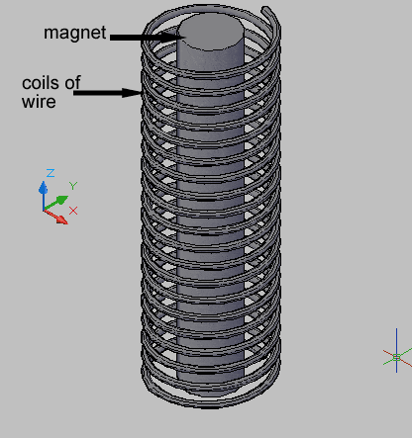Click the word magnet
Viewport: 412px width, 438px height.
(75, 34)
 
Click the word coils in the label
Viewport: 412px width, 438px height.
(42, 83)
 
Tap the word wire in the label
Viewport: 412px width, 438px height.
(39, 102)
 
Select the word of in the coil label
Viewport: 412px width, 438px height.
(72, 82)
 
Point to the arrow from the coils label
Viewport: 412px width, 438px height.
(108, 93)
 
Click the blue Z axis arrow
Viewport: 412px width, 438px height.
(43, 196)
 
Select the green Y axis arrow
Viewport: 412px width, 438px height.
(56, 203)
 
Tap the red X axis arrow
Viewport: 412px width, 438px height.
(55, 217)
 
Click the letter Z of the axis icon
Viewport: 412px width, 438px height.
(51, 173)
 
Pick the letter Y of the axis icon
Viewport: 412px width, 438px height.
(73, 186)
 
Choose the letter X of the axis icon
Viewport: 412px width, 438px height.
(73, 211)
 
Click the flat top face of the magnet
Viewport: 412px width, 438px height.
(211, 32)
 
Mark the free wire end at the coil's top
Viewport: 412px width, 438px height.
(265, 9)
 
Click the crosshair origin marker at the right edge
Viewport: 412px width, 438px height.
(397, 357)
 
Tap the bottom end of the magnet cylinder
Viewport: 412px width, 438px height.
(210, 389)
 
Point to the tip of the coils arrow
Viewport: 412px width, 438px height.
(142, 93)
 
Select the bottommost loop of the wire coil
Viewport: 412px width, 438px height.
(210, 403)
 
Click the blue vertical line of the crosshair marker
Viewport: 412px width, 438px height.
(397, 350)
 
